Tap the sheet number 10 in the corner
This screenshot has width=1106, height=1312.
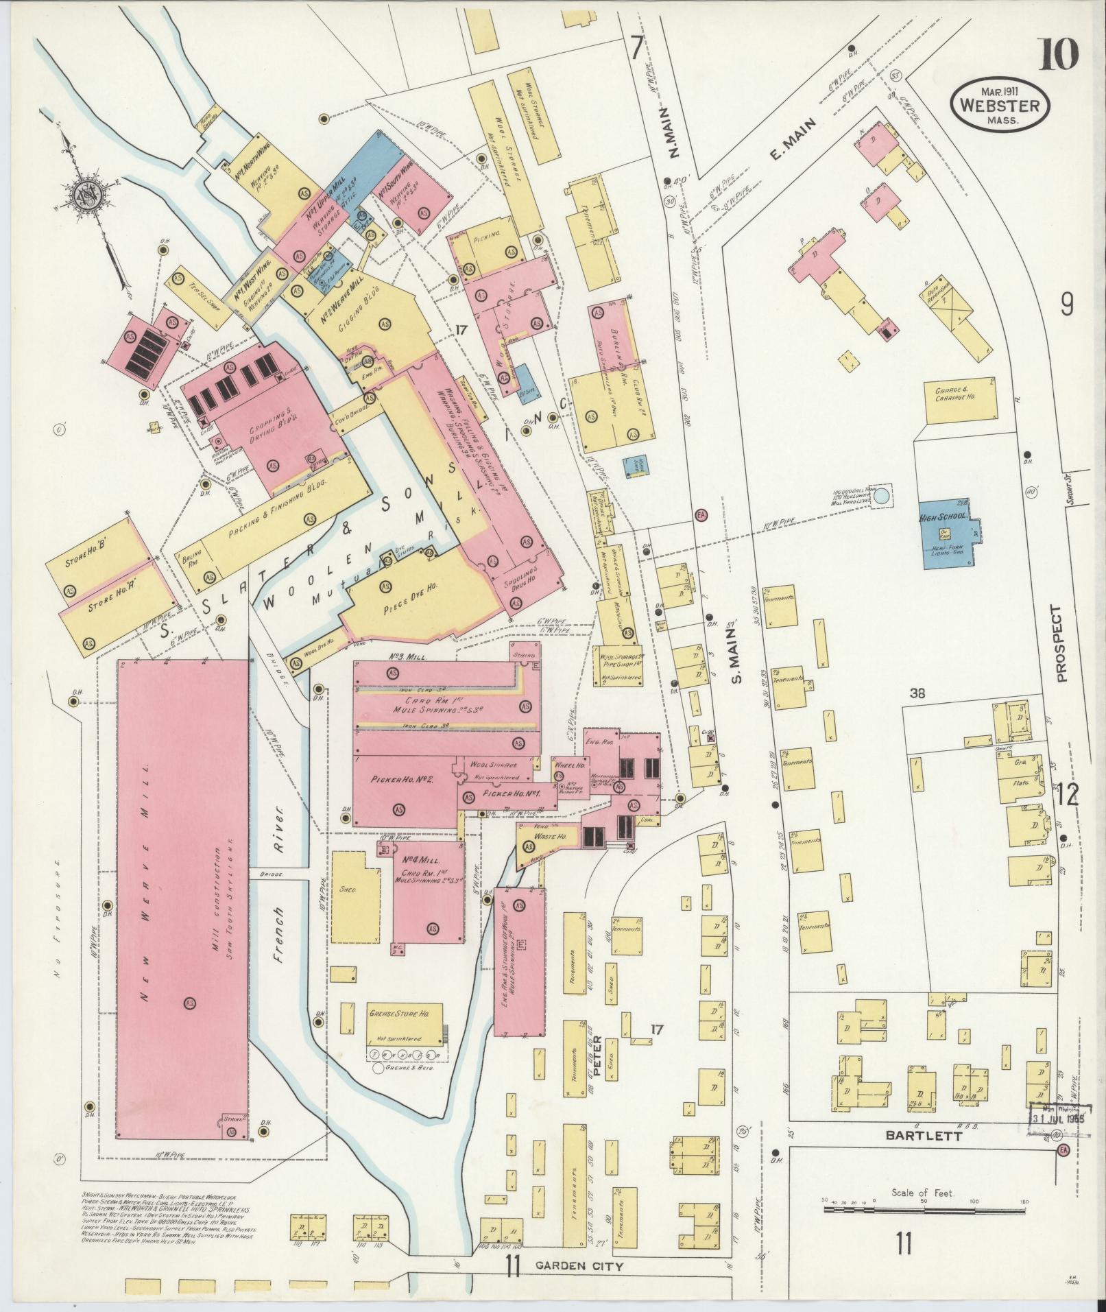click(x=1058, y=55)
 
